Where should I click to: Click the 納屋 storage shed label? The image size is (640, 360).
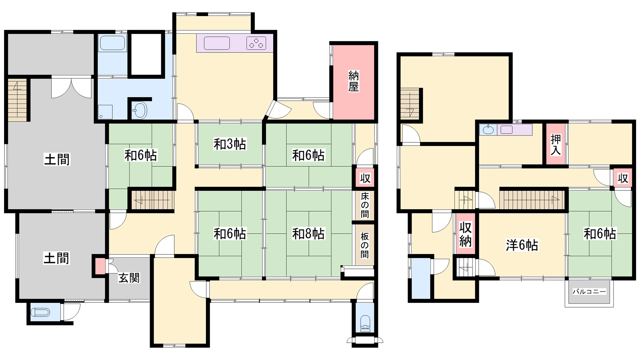pos(354,81)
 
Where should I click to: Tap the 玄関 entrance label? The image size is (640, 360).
pos(129,278)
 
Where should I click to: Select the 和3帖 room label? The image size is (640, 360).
pos(230,144)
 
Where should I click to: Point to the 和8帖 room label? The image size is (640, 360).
pos(308,234)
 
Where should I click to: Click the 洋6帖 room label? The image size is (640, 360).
pos(522,246)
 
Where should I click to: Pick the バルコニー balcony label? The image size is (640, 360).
pos(589,292)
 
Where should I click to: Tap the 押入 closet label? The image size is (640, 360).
pos(556,145)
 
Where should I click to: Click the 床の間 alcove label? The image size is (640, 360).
pos(365,205)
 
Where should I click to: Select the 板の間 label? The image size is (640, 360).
pos(364,245)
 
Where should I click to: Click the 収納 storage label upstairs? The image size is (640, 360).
pos(465,234)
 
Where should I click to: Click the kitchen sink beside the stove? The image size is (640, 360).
pos(217,43)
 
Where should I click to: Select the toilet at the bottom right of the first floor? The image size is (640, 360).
pos(364,323)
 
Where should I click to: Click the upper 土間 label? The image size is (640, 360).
pos(57,160)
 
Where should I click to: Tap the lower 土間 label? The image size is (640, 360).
pos(56,258)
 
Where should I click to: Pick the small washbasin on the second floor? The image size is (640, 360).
pos(488,130)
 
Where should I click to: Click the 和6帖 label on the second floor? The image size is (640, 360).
pos(600,234)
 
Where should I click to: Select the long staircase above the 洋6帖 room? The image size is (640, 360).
pos(532,200)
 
